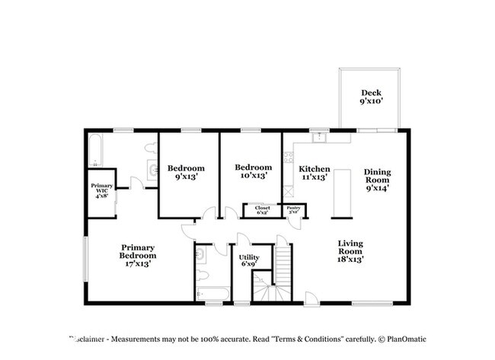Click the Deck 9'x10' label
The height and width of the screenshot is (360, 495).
(x=371, y=97)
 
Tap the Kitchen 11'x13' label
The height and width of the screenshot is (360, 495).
(x=314, y=172)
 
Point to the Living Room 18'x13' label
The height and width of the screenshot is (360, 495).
(x=350, y=250)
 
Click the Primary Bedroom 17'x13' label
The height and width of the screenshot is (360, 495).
(x=138, y=252)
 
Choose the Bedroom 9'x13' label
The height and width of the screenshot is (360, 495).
(x=186, y=172)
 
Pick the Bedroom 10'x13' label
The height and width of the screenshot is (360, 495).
(x=253, y=171)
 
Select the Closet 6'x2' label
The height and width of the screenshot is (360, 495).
(x=262, y=210)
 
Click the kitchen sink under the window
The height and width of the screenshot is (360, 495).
(x=320, y=138)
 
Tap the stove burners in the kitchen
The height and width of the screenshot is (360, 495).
(x=288, y=158)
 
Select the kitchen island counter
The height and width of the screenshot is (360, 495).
(x=341, y=193)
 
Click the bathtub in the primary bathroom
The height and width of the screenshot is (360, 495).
(x=95, y=150)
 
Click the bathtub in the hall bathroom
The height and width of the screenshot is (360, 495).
(x=212, y=293)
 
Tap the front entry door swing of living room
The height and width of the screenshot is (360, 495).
(x=311, y=297)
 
